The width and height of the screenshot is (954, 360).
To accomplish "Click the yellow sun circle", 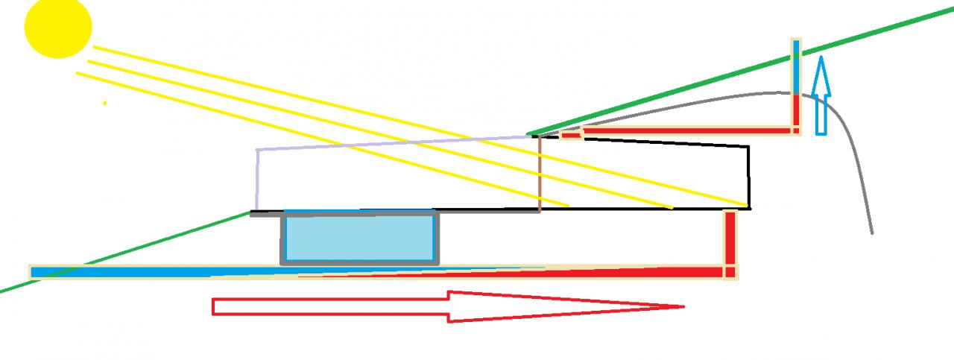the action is point(58,27).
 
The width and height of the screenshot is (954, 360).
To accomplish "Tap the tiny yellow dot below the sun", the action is point(105,103).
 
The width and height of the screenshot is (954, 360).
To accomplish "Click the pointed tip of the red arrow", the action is point(681,306).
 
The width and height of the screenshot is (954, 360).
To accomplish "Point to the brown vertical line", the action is point(540,171).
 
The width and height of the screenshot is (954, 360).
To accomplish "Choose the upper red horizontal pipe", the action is point(686,131).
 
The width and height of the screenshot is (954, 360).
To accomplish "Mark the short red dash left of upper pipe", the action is point(570,134).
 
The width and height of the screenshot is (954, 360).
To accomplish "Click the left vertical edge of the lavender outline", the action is point(257,180).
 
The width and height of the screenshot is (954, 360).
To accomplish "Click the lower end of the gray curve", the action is point(871,232).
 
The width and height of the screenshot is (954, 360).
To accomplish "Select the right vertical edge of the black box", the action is point(748,177).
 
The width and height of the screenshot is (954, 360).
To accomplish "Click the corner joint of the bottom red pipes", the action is point(730,272).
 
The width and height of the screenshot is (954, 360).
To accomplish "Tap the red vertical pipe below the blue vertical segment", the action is point(796,112).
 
